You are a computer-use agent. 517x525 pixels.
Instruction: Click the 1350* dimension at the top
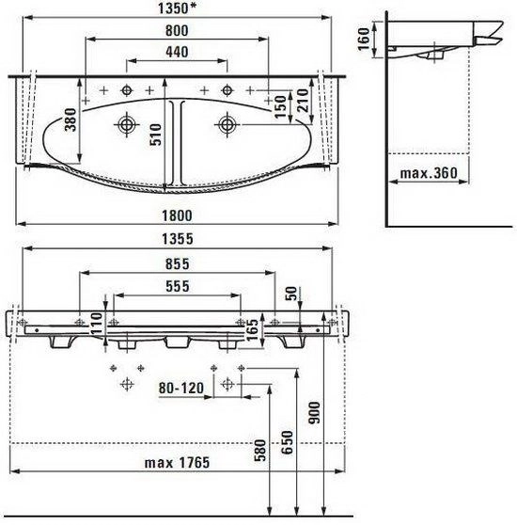177,8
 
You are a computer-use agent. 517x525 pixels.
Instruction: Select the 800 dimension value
177,31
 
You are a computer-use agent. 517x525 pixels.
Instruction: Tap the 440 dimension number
177,53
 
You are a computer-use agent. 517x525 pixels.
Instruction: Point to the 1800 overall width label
178,215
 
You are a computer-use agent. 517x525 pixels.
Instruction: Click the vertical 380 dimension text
70,119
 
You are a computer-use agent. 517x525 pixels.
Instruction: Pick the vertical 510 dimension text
155,135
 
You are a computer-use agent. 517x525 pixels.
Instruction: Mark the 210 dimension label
303,101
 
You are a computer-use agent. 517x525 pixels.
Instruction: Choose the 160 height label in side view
364,40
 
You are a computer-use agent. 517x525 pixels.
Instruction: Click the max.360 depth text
429,173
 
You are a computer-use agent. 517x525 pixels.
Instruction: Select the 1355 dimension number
178,239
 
